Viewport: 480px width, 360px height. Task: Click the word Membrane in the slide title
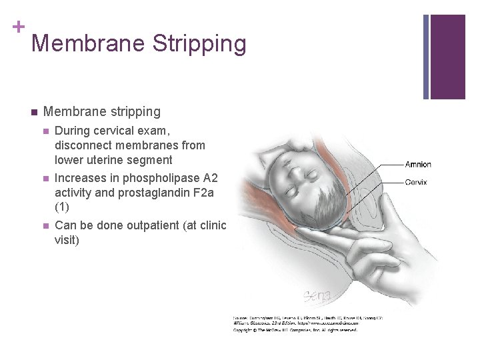[88, 44]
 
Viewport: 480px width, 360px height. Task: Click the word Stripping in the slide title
[199, 44]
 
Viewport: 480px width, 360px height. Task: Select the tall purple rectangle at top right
[448, 57]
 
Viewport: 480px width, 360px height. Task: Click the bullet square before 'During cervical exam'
[45, 131]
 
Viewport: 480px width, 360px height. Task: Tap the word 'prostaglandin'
[141, 193]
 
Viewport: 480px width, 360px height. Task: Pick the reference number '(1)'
[63, 207]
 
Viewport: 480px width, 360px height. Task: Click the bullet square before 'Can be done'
[45, 225]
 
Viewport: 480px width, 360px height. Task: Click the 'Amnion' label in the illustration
[418, 165]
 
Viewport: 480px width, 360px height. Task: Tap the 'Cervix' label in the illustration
[416, 182]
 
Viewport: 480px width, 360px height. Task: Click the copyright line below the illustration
[295, 330]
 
